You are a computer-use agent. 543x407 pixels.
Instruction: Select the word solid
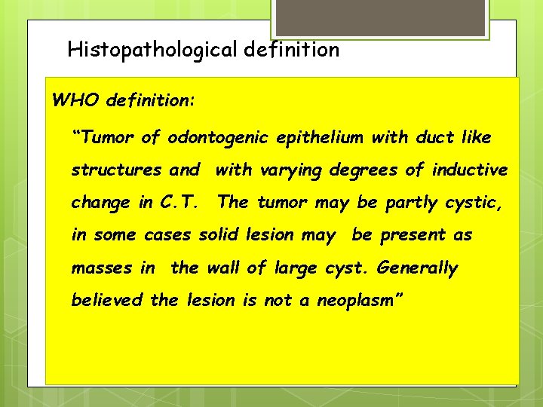(x=218, y=235)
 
